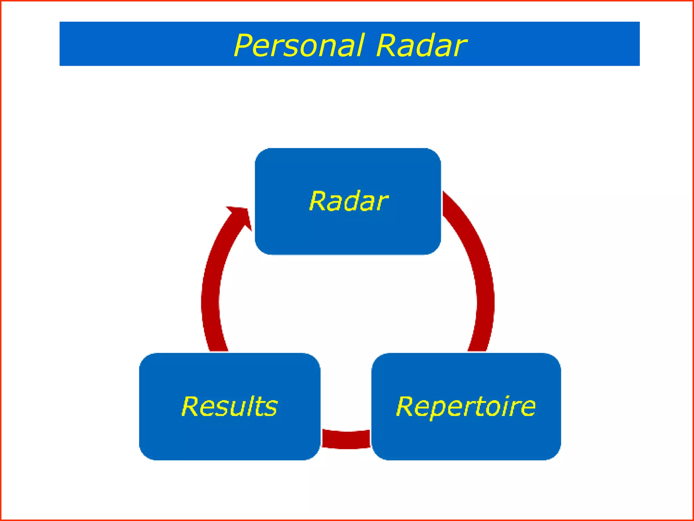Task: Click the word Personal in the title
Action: click(298, 45)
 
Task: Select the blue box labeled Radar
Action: click(348, 234)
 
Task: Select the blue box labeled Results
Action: click(229, 438)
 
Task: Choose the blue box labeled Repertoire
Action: click(466, 438)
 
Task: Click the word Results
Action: click(229, 406)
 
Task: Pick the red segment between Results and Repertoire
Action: click(346, 440)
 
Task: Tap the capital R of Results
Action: click(191, 406)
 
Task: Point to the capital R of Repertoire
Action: click(406, 406)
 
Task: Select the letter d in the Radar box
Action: click(346, 201)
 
